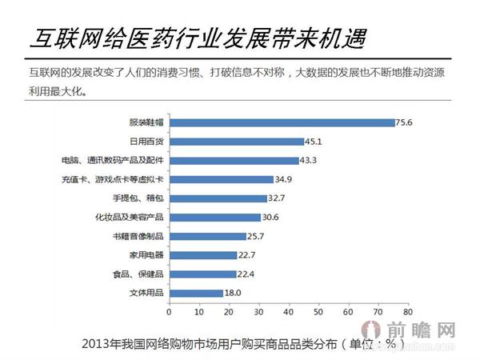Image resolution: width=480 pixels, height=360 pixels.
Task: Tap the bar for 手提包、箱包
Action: tap(218, 198)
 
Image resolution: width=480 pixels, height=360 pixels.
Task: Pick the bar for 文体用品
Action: tap(195, 294)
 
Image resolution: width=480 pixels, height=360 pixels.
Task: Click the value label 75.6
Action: tap(406, 122)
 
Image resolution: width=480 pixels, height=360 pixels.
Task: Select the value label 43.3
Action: tap(310, 160)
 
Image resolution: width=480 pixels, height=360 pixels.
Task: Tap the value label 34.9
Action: tap(284, 179)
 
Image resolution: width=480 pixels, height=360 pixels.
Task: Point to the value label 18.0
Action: tap(234, 294)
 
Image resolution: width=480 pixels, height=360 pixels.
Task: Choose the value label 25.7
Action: tap(257, 236)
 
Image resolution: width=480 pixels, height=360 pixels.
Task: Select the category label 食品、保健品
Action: tap(138, 274)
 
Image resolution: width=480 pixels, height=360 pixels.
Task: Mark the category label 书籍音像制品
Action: tap(138, 236)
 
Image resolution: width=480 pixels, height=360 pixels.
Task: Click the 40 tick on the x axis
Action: tap(288, 312)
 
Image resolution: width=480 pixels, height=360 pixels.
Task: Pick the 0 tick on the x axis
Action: tap(170, 312)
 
